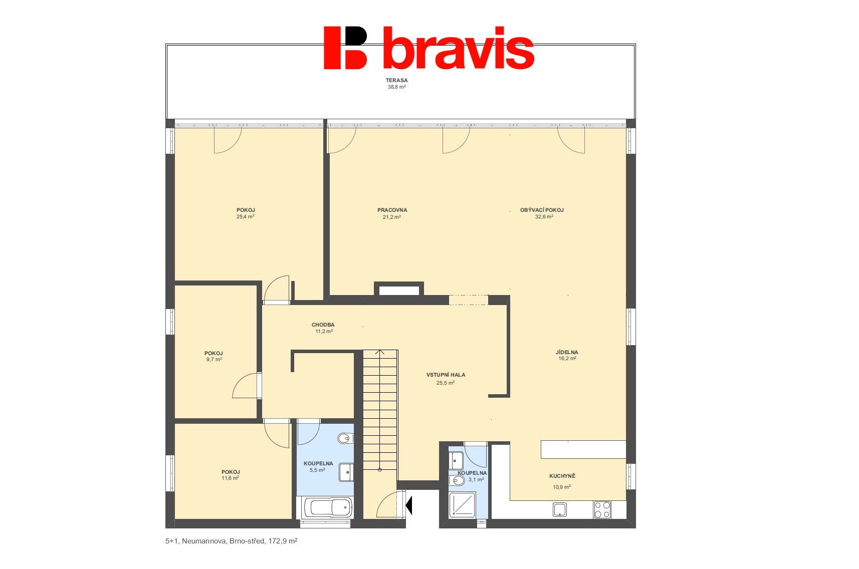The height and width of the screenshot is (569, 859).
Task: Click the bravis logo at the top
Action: pos(429,48)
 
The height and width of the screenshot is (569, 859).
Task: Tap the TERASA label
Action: pos(396,80)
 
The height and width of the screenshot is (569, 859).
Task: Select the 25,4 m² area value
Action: pos(246,217)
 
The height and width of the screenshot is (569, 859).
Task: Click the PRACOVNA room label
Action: pos(392,210)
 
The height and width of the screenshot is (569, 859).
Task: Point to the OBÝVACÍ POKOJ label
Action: pos(542,210)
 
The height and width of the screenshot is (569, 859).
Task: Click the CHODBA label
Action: pos(323,325)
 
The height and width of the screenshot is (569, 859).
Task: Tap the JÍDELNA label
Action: pos(567,353)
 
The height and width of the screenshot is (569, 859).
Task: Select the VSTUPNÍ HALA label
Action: pos(446,375)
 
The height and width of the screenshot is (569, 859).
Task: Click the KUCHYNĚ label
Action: pos(562,476)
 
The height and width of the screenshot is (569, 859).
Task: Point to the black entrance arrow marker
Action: pos(409,505)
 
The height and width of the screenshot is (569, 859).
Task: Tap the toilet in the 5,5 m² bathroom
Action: pos(345,439)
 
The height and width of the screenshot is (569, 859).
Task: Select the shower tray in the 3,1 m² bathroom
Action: pos(462,505)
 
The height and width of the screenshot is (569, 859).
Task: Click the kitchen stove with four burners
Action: pos(602,509)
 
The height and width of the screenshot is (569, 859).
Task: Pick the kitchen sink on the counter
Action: pos(560,510)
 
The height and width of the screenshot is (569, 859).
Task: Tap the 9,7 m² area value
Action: pos(214,360)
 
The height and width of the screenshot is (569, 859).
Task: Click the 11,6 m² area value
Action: pos(230,478)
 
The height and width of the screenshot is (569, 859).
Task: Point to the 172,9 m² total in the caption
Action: pos(283,541)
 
